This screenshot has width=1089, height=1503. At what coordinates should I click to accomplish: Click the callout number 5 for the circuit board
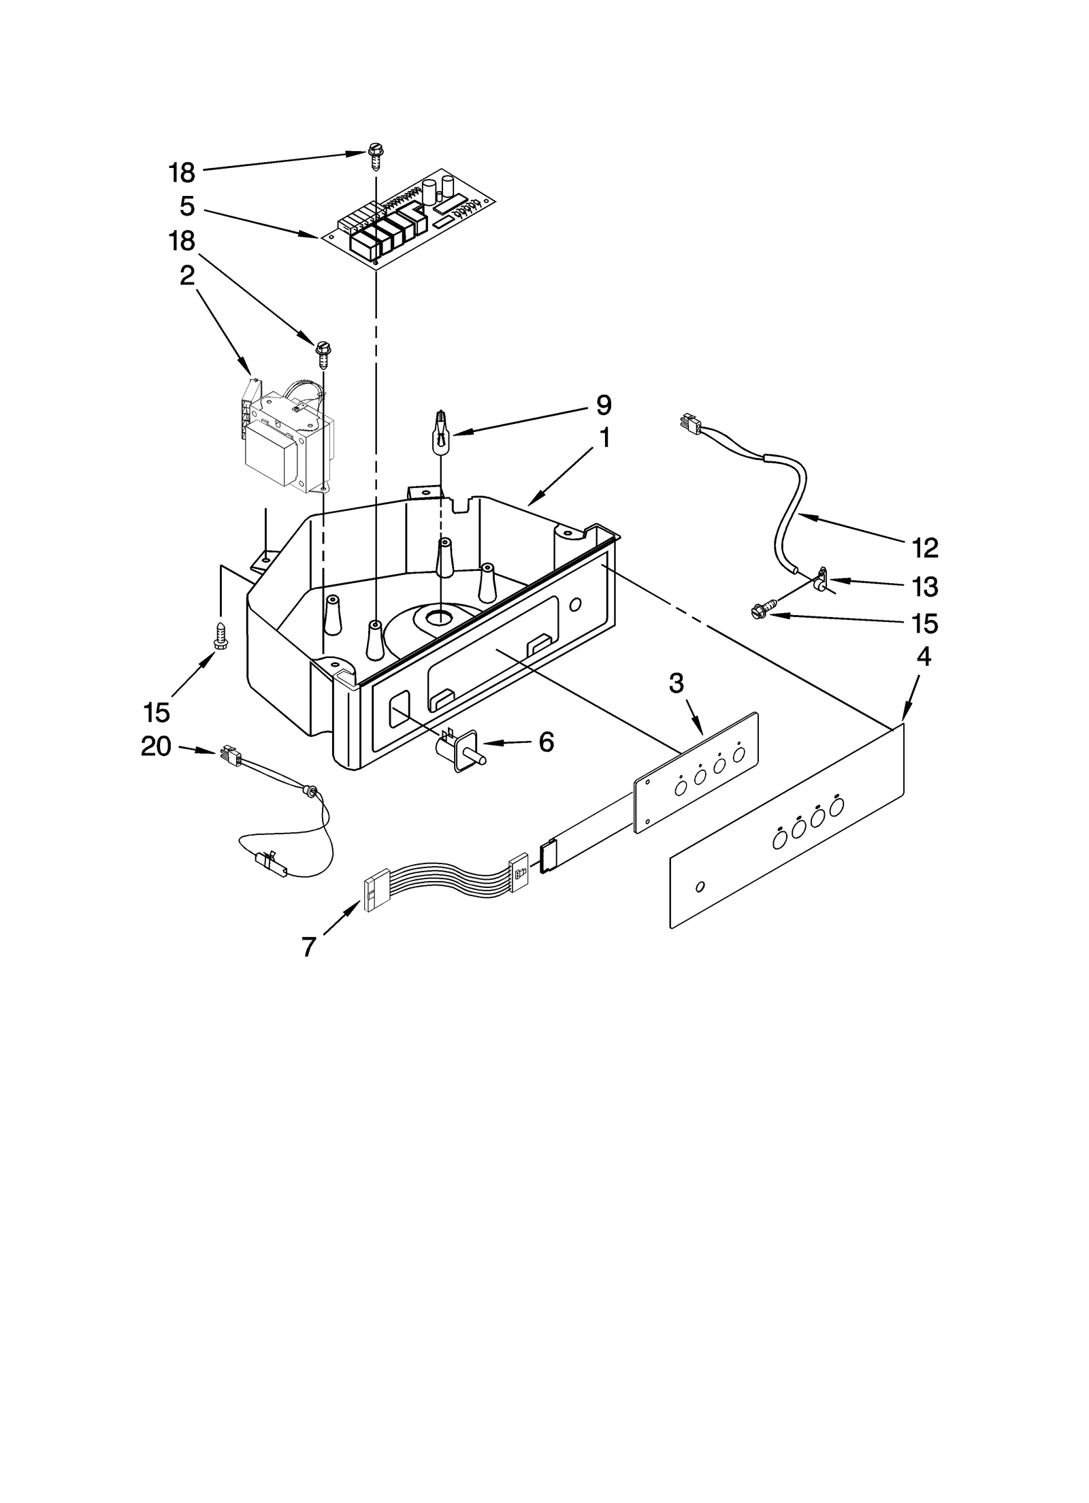(186, 206)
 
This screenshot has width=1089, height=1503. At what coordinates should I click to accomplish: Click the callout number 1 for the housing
(603, 437)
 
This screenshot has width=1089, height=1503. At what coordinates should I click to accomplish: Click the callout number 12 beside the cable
(924, 547)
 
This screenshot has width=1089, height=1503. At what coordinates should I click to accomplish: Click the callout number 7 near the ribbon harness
(309, 946)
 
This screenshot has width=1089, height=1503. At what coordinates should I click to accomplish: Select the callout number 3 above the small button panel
(675, 682)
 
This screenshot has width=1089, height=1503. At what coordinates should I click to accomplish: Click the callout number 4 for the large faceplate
(923, 656)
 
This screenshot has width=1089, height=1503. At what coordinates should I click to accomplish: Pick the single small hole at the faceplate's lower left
(700, 887)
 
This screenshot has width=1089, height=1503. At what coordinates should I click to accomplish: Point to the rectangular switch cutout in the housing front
(399, 708)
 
